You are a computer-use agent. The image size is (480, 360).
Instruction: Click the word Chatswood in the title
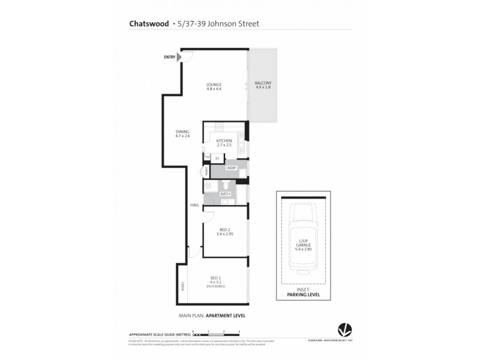point(149,24)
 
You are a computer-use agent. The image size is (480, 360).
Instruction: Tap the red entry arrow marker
point(179,57)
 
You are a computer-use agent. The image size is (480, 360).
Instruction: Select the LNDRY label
point(231,168)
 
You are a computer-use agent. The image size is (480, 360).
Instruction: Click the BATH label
point(225,194)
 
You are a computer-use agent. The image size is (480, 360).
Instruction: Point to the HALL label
point(194,205)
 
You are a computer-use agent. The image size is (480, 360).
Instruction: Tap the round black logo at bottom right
point(344,328)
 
